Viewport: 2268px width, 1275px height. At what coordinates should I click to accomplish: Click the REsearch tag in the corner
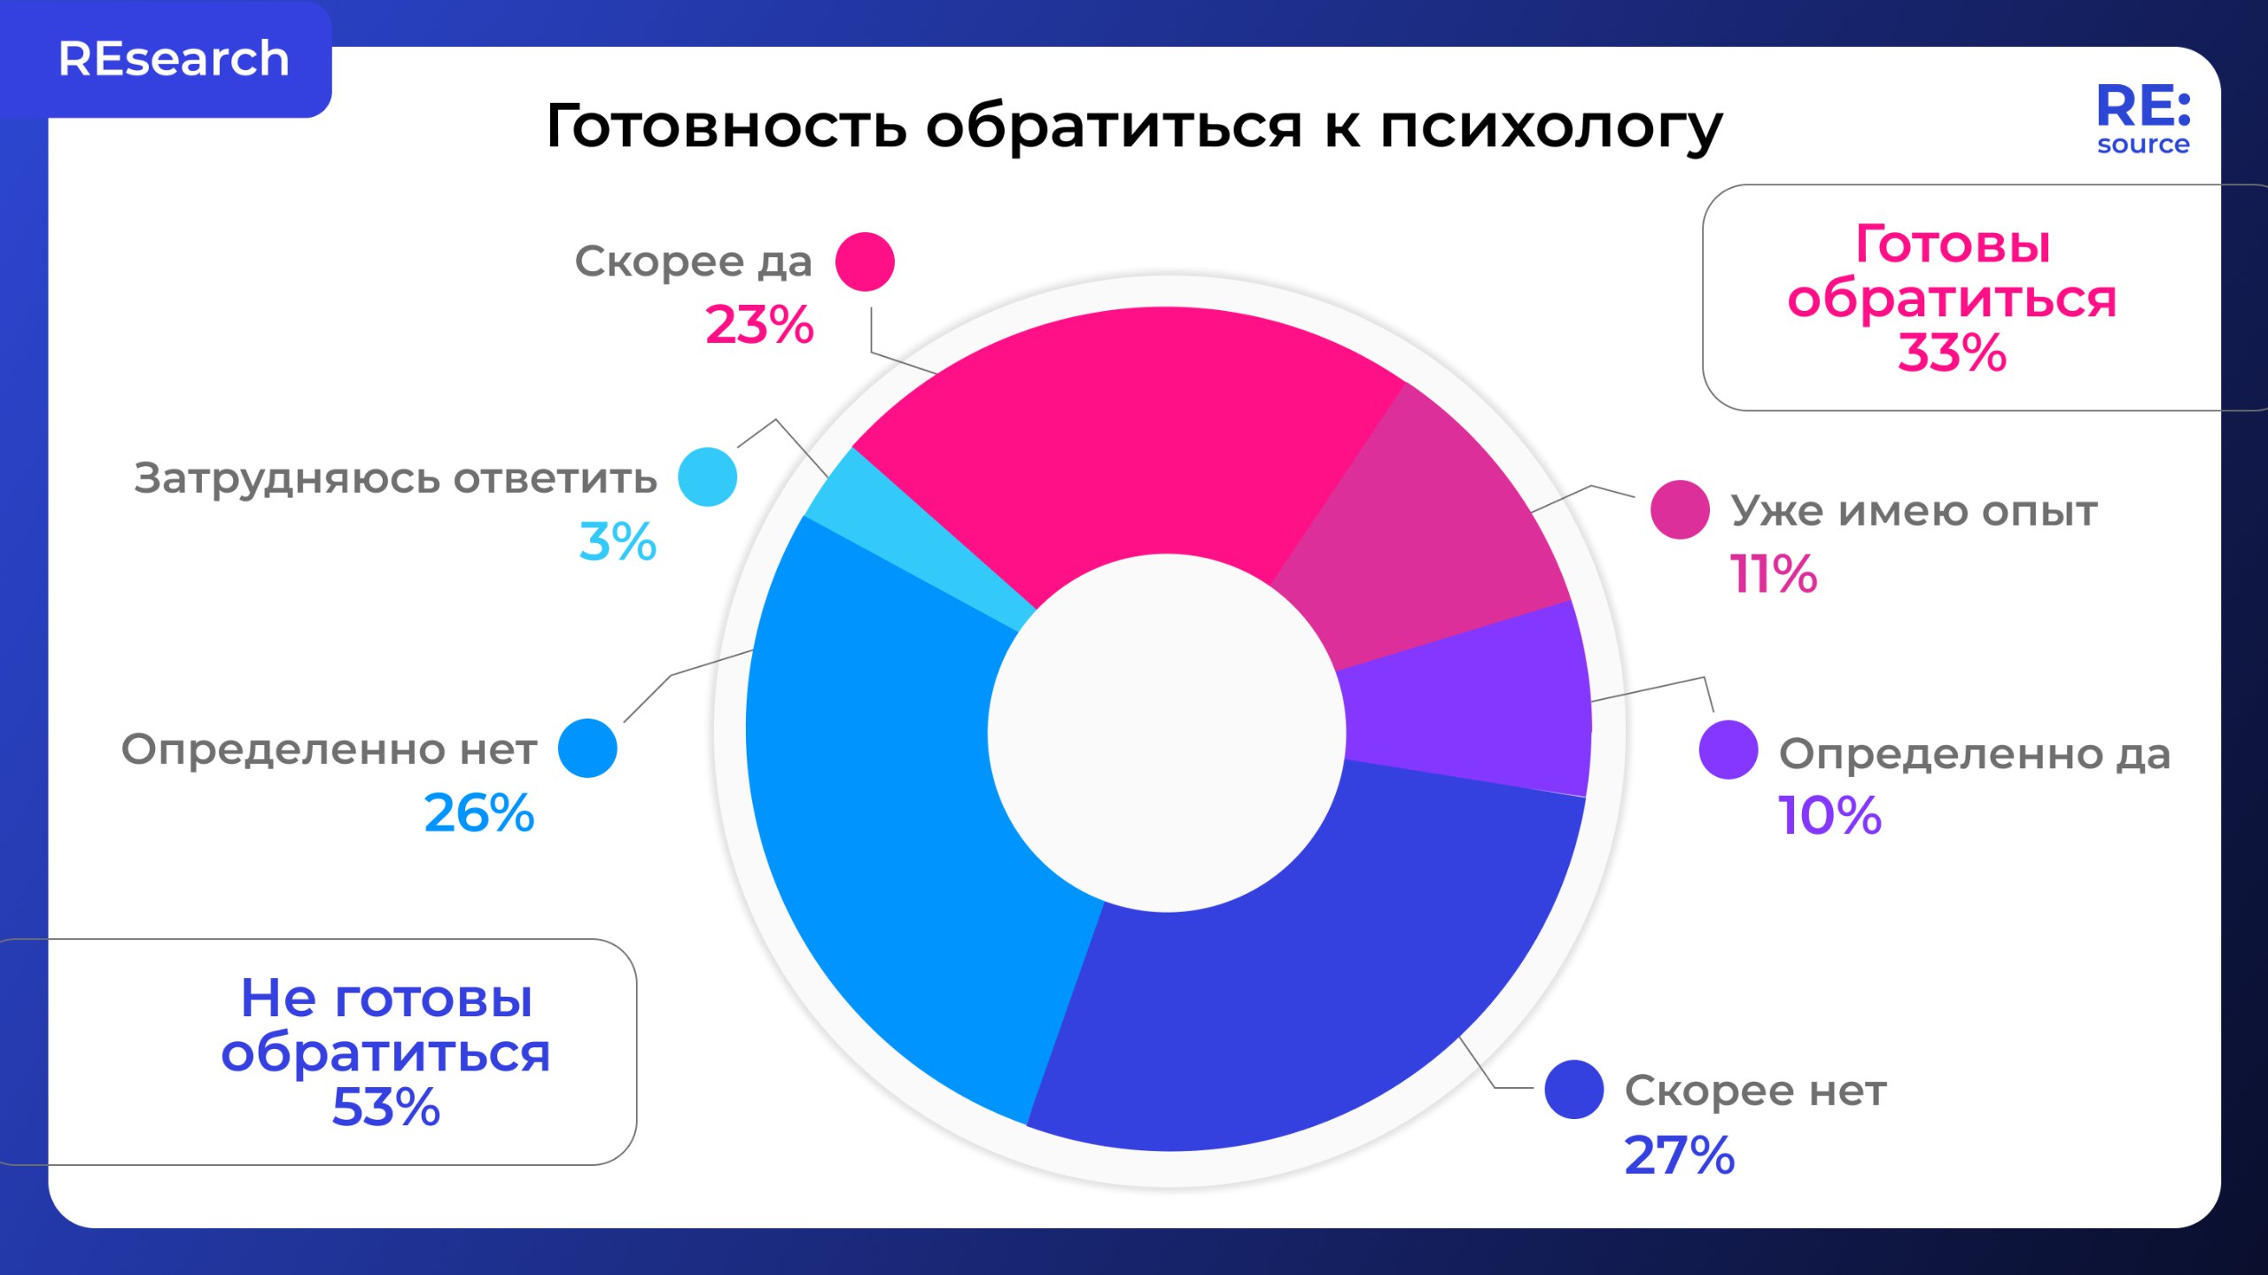click(173, 59)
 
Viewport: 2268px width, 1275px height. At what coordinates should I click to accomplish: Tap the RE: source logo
click(2142, 120)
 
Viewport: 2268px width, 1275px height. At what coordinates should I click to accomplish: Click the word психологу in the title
click(1550, 127)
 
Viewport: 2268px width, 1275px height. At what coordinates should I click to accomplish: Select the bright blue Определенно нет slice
click(886, 797)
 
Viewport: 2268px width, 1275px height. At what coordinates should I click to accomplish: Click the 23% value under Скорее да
click(759, 325)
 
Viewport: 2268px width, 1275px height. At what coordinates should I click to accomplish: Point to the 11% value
click(1773, 574)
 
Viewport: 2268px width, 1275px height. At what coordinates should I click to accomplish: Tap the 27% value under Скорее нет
click(1679, 1155)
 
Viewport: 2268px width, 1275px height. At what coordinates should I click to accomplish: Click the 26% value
click(479, 813)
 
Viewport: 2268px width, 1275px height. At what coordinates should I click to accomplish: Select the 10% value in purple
click(1829, 815)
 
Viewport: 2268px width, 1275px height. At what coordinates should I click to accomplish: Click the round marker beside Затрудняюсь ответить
click(707, 477)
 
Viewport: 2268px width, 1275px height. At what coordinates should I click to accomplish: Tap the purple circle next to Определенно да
click(1728, 750)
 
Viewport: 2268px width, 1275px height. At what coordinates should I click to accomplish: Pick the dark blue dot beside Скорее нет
click(1573, 1089)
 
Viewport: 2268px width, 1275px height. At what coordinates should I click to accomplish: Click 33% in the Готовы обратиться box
click(1952, 354)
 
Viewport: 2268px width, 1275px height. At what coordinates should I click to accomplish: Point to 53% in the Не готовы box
click(385, 1107)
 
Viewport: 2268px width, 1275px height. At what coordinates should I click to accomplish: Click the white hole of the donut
click(1167, 733)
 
